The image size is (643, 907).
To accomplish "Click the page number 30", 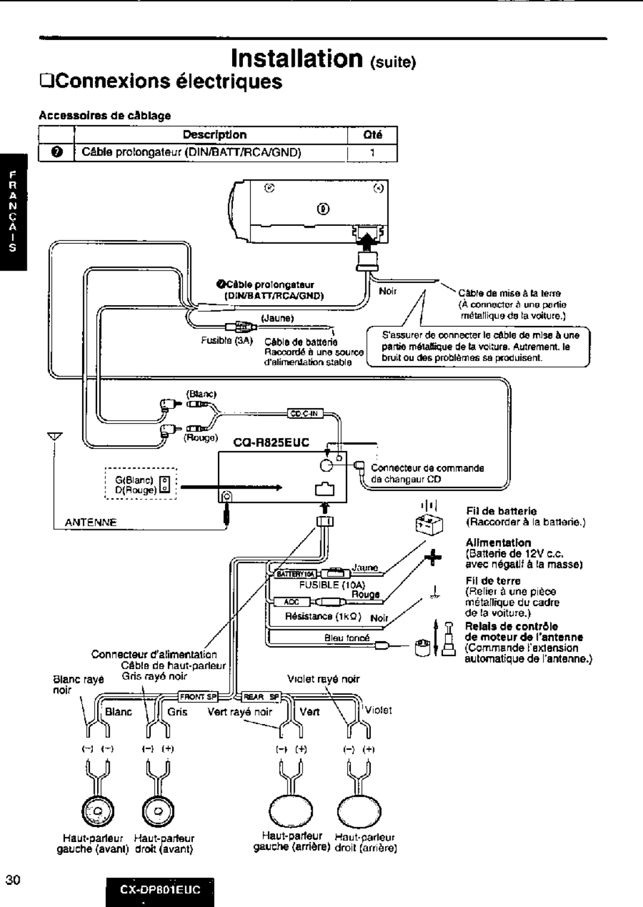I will coord(13,880).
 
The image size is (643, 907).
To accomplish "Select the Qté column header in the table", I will coord(372,135).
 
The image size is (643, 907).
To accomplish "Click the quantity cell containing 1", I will coord(372,153).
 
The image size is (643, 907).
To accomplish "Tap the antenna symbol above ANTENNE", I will coord(55,437).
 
